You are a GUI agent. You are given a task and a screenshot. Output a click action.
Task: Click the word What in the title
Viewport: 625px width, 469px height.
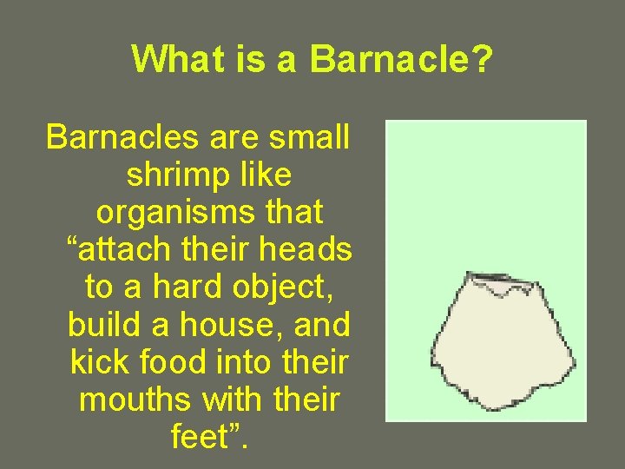pyautogui.click(x=178, y=59)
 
